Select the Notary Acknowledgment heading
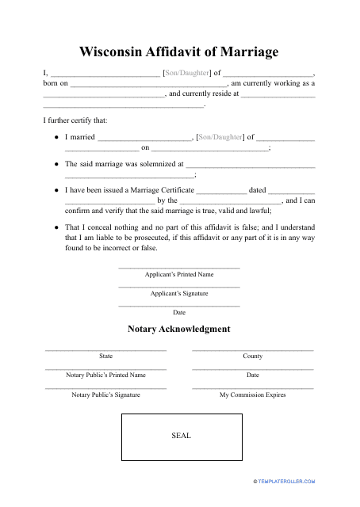pos(179,328)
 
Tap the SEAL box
pos(180,436)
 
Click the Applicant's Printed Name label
pos(179,274)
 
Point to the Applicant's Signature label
pos(179,293)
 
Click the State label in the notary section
pos(105,356)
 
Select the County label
pos(253,356)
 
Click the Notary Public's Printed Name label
pos(105,375)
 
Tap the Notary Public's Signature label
pos(105,394)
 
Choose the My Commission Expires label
pos(253,394)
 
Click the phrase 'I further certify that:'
pos(75,120)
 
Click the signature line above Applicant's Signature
pos(179,286)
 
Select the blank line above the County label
pos(253,349)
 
